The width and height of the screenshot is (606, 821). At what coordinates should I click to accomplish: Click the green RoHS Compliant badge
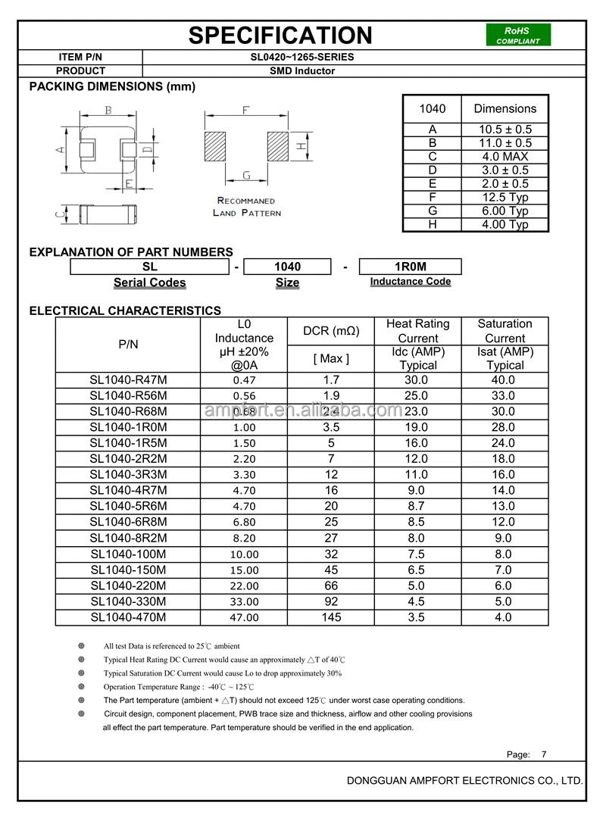(x=518, y=36)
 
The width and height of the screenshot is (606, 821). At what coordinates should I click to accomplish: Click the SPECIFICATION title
(x=280, y=35)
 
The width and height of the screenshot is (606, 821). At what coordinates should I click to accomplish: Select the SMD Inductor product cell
(x=302, y=70)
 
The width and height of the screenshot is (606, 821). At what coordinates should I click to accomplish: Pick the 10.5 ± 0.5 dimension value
(x=504, y=130)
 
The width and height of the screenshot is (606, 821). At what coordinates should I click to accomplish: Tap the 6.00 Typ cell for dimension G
(x=504, y=211)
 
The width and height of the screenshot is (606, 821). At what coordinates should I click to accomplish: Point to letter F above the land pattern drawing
(x=246, y=111)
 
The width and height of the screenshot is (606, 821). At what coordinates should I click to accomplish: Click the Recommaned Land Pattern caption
(x=246, y=207)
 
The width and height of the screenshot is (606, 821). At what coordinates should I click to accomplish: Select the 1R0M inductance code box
(x=410, y=267)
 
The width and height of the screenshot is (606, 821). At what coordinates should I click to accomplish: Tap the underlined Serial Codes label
(x=149, y=283)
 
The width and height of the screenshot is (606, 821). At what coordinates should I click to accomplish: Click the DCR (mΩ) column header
(x=331, y=331)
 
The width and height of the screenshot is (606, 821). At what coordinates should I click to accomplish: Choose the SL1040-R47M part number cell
(x=128, y=380)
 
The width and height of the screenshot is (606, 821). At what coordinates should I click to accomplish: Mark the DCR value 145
(x=331, y=617)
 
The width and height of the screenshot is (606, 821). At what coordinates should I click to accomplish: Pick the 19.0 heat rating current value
(x=417, y=427)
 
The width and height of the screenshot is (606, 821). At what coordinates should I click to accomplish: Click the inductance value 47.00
(x=245, y=618)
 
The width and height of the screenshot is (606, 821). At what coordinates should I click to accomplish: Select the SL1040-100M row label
(x=128, y=554)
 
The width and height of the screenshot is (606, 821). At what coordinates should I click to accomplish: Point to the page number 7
(x=543, y=754)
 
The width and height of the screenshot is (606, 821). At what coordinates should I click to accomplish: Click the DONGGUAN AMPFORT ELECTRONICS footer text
(x=464, y=780)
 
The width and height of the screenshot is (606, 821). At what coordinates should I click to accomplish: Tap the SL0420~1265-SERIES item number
(x=302, y=57)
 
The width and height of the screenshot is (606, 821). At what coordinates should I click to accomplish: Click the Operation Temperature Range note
(x=179, y=686)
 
